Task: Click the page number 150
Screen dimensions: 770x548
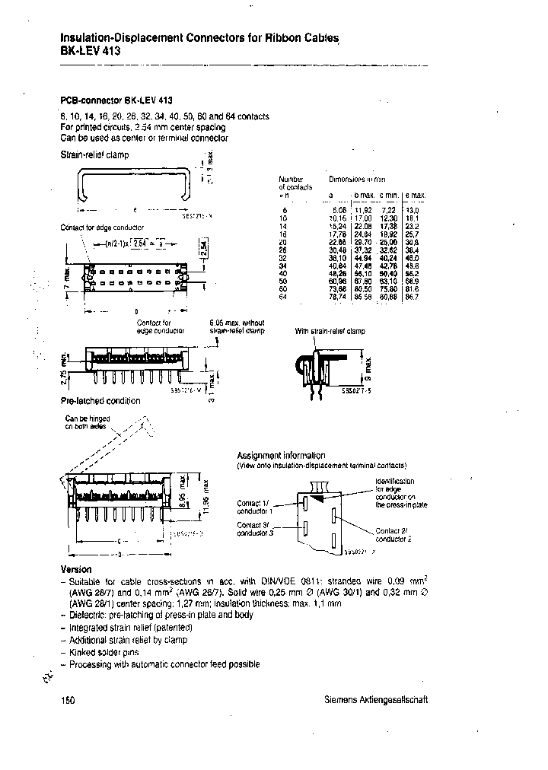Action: tap(67, 700)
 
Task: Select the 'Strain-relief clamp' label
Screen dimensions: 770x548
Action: tap(94, 154)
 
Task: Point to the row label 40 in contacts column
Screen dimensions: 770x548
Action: tap(285, 272)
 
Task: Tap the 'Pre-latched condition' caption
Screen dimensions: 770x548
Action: tap(100, 401)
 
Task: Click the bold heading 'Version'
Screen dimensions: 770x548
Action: tap(75, 570)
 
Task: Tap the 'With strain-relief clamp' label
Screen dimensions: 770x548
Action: tap(330, 332)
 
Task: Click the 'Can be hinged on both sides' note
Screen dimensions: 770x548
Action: tap(88, 422)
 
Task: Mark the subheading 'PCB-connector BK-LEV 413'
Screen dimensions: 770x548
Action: tap(116, 100)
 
